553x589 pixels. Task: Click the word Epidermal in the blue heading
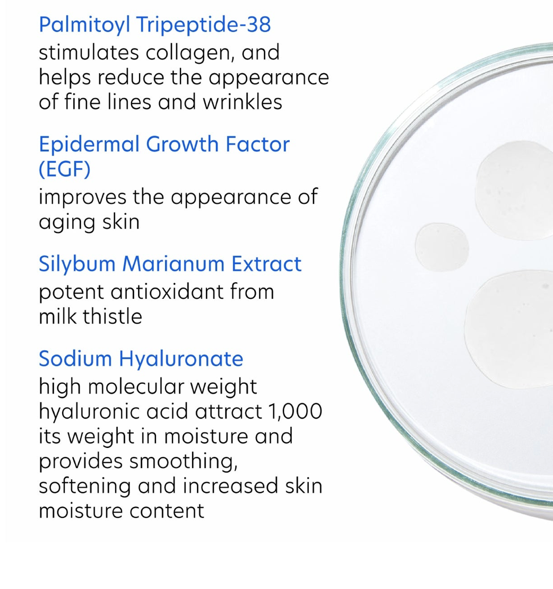pos(90,144)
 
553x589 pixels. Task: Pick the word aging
pos(62,222)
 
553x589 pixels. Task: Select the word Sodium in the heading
pos(75,359)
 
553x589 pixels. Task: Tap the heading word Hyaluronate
pos(181,359)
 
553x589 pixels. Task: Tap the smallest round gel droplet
pos(442,247)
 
